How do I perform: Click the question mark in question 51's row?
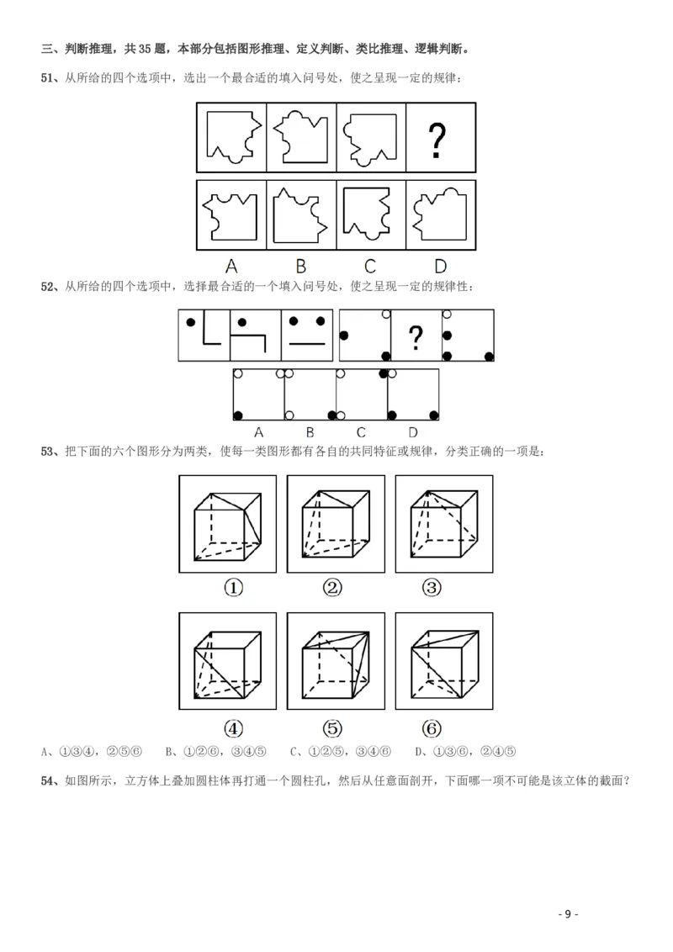(437, 140)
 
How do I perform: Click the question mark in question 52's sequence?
(416, 338)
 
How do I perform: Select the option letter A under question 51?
(231, 266)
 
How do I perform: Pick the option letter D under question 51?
(440, 266)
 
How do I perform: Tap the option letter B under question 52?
(310, 432)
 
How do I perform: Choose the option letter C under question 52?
(361, 432)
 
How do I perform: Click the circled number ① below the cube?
(233, 588)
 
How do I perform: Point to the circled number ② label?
(332, 588)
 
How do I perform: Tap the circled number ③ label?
(432, 588)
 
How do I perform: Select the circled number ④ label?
(233, 728)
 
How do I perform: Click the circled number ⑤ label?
(332, 728)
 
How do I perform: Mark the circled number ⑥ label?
(432, 728)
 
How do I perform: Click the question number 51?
(47, 77)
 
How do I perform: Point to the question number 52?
(47, 287)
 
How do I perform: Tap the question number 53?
(47, 452)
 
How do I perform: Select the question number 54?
(47, 780)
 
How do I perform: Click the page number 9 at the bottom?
(568, 914)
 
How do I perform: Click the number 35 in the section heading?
(145, 49)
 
